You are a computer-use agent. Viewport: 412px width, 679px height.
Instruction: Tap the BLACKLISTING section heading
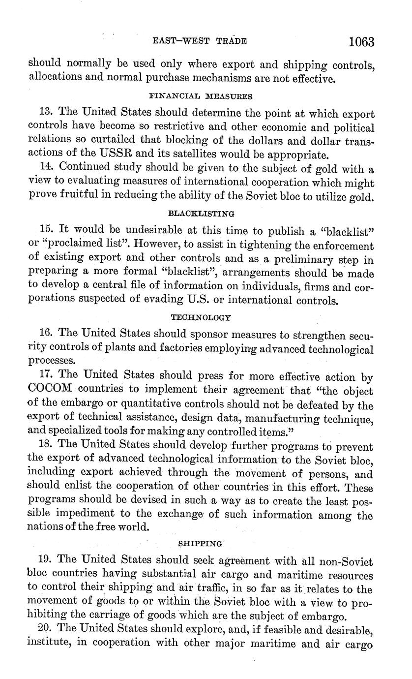[201, 214]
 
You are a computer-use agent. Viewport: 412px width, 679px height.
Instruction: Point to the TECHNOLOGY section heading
[202, 317]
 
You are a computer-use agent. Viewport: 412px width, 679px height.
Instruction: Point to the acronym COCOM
[51, 391]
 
